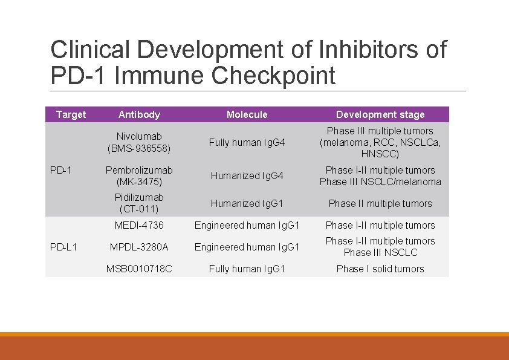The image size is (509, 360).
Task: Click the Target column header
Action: pyautogui.click(x=71, y=114)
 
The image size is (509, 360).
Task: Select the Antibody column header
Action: pyautogui.click(x=139, y=114)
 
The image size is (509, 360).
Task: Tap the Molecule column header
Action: pyautogui.click(x=247, y=114)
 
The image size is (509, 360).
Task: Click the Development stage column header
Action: pyautogui.click(x=380, y=114)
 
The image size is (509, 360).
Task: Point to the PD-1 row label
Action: pyautogui.click(x=61, y=170)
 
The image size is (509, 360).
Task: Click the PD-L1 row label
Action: pyautogui.click(x=63, y=247)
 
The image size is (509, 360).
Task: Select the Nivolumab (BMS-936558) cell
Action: pyautogui.click(x=139, y=142)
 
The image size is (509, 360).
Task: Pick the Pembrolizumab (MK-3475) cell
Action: pyautogui.click(x=139, y=175)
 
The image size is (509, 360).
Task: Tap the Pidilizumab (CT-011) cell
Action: pyautogui.click(x=139, y=203)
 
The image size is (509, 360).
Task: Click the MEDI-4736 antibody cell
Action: pyautogui.click(x=139, y=225)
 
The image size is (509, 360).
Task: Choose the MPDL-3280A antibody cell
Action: pyautogui.click(x=139, y=247)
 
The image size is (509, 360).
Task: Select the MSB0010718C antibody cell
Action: pyautogui.click(x=139, y=269)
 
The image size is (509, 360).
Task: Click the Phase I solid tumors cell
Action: pyautogui.click(x=380, y=269)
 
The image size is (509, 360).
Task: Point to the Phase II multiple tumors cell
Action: pyautogui.click(x=380, y=203)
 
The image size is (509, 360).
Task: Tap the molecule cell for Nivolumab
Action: pyautogui.click(x=247, y=143)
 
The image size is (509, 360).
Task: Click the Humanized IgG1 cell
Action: pyautogui.click(x=247, y=203)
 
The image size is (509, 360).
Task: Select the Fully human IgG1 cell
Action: pyautogui.click(x=247, y=269)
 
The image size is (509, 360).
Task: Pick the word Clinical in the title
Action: pyautogui.click(x=91, y=50)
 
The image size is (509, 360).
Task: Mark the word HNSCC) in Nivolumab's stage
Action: pyautogui.click(x=380, y=154)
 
